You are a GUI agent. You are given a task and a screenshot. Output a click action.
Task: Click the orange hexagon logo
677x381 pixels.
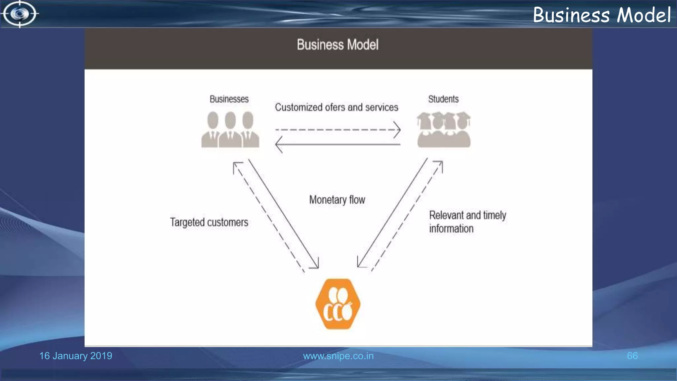(338, 304)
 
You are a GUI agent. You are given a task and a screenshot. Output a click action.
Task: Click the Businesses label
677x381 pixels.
(229, 99)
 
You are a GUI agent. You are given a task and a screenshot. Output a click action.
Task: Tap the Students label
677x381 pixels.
(443, 99)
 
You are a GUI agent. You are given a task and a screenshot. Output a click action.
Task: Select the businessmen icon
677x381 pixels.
(230, 129)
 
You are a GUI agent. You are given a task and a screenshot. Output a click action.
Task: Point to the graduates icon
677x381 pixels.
(444, 129)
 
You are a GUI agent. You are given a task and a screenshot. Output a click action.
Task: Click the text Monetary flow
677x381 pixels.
(337, 200)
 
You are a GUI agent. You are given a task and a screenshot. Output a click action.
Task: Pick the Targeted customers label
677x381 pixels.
(209, 222)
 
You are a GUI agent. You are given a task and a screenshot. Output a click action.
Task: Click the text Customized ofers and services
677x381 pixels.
(336, 107)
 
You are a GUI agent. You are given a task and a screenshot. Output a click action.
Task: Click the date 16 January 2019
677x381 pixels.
(76, 356)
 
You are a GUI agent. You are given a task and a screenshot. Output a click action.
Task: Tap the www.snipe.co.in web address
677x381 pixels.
(338, 356)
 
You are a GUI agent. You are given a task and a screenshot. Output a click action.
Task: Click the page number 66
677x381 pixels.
(632, 356)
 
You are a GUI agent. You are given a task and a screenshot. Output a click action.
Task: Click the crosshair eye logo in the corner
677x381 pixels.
(20, 14)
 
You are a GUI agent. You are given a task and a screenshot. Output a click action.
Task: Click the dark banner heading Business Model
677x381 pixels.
(338, 45)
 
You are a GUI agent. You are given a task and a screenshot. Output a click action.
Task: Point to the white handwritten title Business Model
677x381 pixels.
(601, 15)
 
